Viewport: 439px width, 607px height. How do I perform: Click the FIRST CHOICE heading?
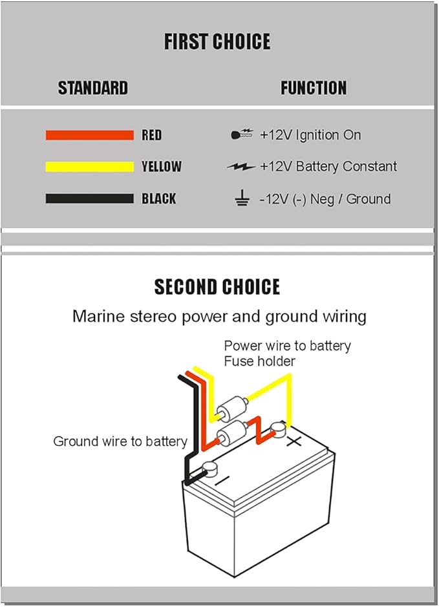[217, 42]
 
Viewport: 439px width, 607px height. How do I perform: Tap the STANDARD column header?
[93, 88]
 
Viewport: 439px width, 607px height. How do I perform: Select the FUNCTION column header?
[314, 88]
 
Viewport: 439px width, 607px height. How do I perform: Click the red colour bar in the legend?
[89, 135]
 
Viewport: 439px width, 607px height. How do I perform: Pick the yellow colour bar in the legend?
[89, 167]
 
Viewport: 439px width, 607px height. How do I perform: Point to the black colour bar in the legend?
[89, 198]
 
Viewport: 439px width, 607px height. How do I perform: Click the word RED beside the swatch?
[152, 135]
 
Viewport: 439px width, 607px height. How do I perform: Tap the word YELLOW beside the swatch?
[162, 167]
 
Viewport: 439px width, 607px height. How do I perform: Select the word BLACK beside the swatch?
[159, 198]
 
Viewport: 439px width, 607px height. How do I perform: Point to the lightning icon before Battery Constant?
[241, 167]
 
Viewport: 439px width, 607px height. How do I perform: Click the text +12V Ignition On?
[310, 135]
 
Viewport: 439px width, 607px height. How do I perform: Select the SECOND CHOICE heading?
[217, 287]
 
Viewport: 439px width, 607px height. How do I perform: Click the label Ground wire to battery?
[120, 442]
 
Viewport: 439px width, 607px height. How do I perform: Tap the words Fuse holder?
[259, 361]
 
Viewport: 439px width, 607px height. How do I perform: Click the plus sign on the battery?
[294, 442]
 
